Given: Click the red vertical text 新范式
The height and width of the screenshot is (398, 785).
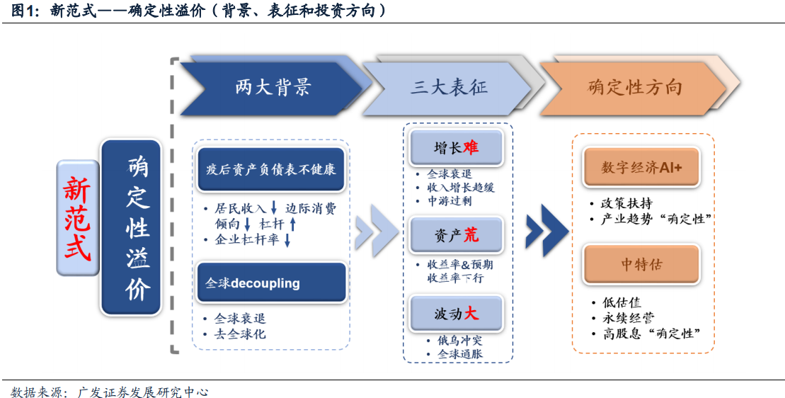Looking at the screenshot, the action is point(78,218).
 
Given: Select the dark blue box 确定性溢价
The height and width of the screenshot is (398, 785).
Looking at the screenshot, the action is point(131,227).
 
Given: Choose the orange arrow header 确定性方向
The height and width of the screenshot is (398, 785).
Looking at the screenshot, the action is point(634,89).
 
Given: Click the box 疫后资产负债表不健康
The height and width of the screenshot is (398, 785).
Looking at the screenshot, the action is point(271,169).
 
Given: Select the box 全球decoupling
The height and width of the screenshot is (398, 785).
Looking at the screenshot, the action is point(271,283).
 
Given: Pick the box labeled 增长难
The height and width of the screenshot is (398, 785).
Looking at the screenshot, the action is point(456,148).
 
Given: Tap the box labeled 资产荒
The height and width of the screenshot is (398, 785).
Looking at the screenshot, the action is point(456,234).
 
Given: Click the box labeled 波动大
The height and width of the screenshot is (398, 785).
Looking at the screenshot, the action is point(456,314).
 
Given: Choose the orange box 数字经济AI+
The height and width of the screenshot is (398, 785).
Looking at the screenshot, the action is point(641,168).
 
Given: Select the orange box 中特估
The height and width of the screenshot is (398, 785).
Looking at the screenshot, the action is point(641,264).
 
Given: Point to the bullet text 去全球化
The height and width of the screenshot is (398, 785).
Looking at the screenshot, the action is point(240,334).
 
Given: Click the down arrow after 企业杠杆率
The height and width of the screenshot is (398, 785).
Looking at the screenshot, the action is point(287,240).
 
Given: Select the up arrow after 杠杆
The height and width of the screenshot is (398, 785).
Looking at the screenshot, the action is point(293,224).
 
